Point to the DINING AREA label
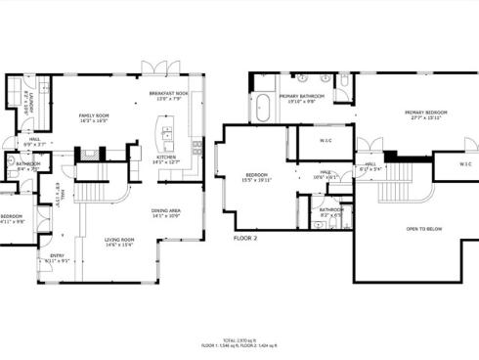pyautogui.click(x=166, y=211)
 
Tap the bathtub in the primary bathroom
pyautogui.click(x=264, y=107)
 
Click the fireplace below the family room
pyautogui.click(x=93, y=153)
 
